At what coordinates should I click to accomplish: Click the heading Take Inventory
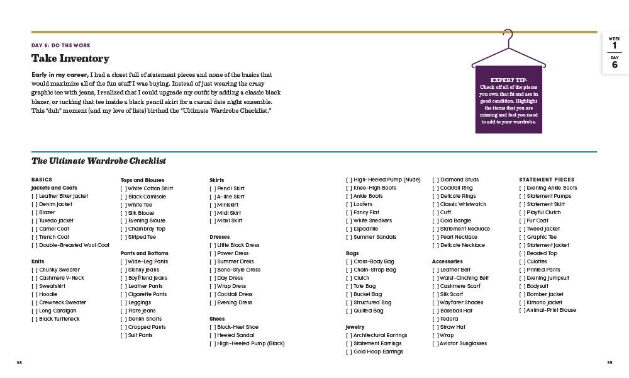click(x=70, y=59)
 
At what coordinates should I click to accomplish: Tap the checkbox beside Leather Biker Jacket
click(x=34, y=196)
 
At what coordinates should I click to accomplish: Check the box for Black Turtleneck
click(x=34, y=319)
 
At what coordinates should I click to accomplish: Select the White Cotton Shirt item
click(x=150, y=188)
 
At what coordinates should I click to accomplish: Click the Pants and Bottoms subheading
click(x=144, y=253)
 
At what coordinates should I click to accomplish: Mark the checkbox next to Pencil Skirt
click(x=213, y=188)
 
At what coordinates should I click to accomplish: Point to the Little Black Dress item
click(x=238, y=245)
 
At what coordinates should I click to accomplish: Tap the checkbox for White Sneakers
click(x=349, y=220)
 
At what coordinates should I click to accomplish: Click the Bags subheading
click(x=352, y=253)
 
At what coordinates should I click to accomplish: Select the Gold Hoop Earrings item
click(x=377, y=352)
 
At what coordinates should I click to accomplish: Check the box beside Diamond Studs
click(x=435, y=180)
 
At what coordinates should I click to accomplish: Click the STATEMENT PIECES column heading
click(x=547, y=180)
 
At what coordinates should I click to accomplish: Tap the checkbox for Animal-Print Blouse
click(x=522, y=310)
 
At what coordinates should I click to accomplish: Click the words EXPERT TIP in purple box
click(x=508, y=80)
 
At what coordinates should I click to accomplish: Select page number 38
click(x=19, y=362)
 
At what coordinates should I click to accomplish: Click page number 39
click(x=610, y=362)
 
